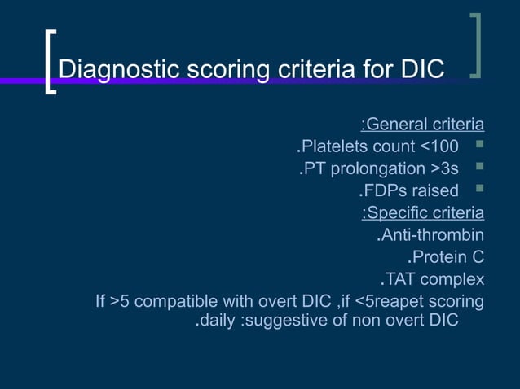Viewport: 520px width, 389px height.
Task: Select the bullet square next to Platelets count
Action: [479, 146]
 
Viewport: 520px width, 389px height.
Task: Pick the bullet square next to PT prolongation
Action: [479, 168]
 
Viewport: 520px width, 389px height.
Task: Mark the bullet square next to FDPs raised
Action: [479, 190]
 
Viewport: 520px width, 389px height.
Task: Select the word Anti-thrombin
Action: [433, 236]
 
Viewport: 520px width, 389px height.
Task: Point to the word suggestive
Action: [287, 320]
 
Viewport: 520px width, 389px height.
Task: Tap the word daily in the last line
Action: [218, 320]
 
